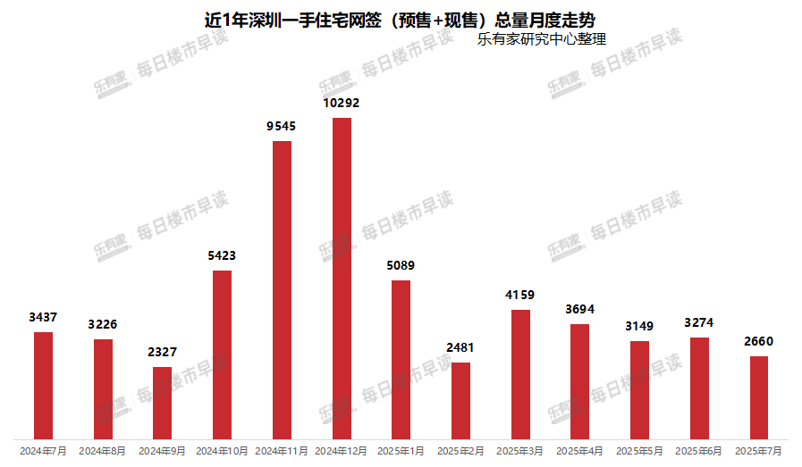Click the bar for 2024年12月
point(342,277)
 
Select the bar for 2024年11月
point(282,289)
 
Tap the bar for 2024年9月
point(162,402)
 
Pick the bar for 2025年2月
point(460,399)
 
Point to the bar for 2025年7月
point(758,396)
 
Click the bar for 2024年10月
point(222,354)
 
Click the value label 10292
point(342,104)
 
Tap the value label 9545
point(282,127)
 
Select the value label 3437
point(43,317)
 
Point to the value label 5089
point(401,265)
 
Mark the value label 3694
point(579,309)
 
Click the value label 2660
point(758,341)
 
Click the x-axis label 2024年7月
point(43,452)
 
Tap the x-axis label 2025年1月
point(401,452)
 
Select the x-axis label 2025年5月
point(639,452)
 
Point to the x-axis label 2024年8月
point(103,452)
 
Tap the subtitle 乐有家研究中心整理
point(542,39)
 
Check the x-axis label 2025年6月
point(698,452)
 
